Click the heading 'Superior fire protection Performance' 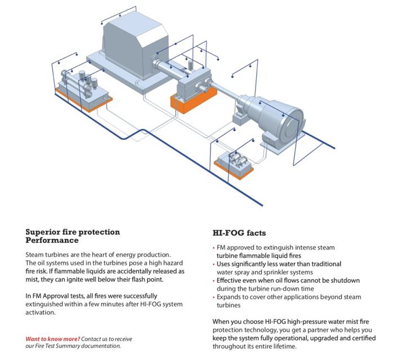click(x=73, y=236)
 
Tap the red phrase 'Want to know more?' click(x=52, y=339)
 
